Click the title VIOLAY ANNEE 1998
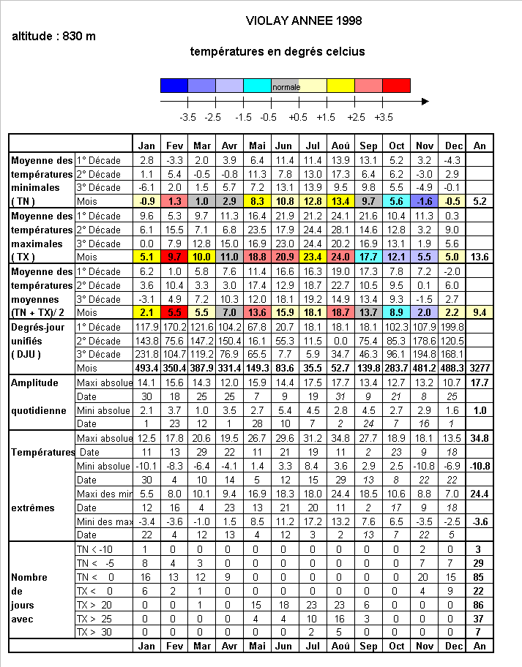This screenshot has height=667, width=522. point(303,20)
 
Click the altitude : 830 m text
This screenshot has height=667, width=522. point(54,37)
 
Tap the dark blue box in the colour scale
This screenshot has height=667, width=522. point(174,86)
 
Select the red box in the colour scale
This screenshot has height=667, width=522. point(397,86)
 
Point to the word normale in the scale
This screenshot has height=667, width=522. point(286,86)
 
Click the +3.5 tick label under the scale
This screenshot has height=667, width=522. point(383,117)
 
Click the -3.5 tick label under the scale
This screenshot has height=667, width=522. point(188,117)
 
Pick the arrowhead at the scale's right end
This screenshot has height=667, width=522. point(425,102)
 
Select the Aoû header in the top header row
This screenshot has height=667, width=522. point(340,145)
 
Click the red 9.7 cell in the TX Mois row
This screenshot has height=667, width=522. point(174,257)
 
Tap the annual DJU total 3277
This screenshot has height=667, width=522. point(480,368)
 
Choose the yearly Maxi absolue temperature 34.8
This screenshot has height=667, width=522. point(480,438)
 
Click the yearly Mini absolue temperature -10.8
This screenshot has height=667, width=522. point(480,466)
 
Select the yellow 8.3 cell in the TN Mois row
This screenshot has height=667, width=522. point(257,201)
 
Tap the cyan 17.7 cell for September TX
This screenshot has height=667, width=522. point(368,257)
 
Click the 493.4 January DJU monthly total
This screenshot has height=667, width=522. point(146,368)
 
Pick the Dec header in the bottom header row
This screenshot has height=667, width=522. point(452,647)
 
